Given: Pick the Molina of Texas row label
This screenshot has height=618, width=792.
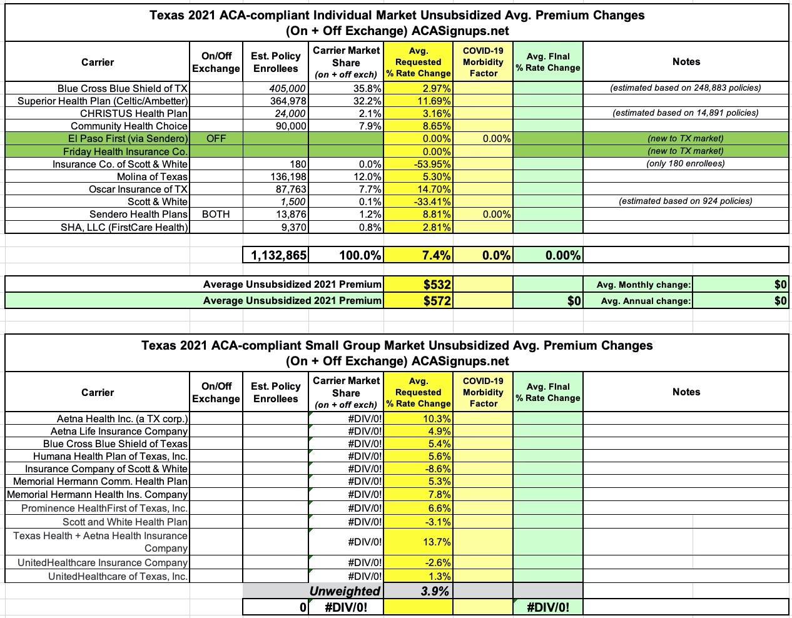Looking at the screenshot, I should coord(152,176).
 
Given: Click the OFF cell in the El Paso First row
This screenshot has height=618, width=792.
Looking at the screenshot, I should coord(216,138).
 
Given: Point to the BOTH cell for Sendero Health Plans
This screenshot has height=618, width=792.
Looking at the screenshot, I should coord(216,214).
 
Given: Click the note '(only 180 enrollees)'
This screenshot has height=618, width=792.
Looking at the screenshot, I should coord(685,163).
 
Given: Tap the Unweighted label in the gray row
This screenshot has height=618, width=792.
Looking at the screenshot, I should coord(344,591).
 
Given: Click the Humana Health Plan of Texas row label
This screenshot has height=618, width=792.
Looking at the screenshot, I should coord(110,456).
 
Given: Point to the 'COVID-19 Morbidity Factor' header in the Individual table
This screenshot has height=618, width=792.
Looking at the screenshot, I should coord(482,62).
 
